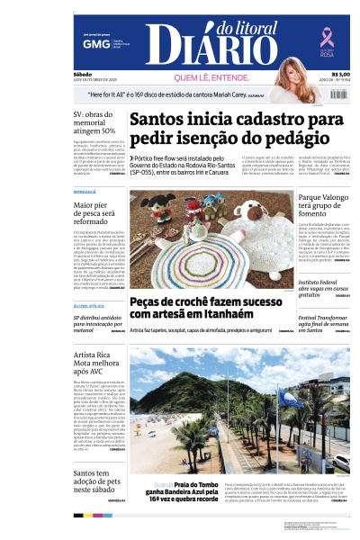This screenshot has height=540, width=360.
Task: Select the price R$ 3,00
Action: pyautogui.click(x=340, y=75)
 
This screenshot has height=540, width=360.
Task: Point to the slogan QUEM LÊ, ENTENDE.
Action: pyautogui.click(x=212, y=78)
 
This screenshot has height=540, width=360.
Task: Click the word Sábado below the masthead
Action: pyautogui.click(x=84, y=75)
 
